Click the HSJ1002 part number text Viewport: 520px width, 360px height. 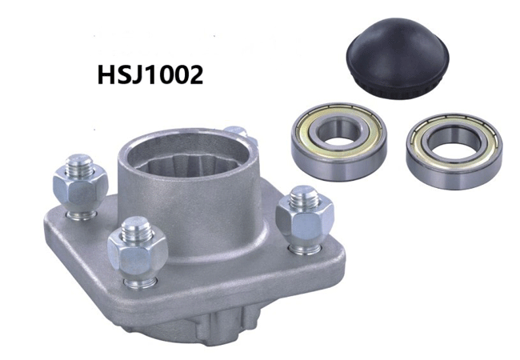click(x=150, y=74)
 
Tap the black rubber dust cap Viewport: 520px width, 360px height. click(x=398, y=58)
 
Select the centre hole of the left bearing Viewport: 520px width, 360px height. click(x=339, y=136)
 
